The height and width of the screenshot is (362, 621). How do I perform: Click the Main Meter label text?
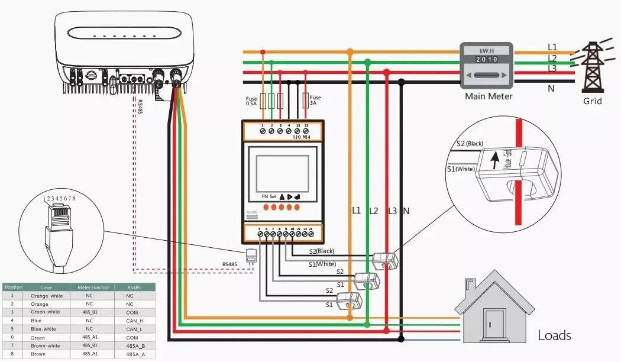(x=489, y=96)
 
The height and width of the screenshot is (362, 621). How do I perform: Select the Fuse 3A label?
(x=315, y=100)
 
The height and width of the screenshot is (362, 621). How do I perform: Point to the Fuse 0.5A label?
(x=251, y=100)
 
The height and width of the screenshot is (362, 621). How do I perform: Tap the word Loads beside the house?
(x=554, y=335)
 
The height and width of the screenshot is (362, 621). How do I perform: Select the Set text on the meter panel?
(x=273, y=196)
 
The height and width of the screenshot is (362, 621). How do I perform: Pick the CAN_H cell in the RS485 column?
(x=134, y=320)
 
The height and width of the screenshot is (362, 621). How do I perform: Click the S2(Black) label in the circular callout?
(x=471, y=144)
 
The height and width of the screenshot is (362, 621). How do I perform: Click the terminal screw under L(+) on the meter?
(x=297, y=131)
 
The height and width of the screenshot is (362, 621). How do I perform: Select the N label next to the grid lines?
(x=551, y=88)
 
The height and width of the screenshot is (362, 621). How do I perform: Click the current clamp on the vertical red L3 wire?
(x=386, y=259)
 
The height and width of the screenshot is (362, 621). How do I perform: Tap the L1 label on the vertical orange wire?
(x=356, y=211)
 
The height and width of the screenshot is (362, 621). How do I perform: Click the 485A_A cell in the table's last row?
(x=134, y=354)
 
